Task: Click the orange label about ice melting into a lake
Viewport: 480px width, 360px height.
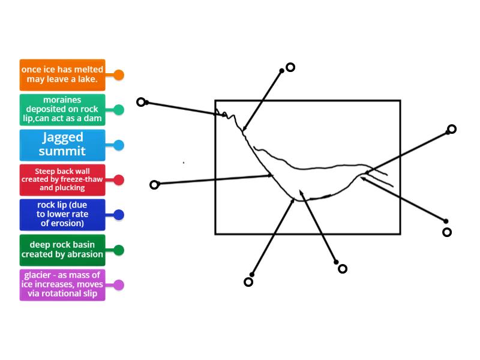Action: (62, 74)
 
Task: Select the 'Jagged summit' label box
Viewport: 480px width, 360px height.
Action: (62, 145)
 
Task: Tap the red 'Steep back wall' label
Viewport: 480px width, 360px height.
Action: (62, 179)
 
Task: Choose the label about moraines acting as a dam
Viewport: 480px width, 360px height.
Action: (62, 109)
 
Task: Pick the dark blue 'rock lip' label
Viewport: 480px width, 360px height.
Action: (62, 214)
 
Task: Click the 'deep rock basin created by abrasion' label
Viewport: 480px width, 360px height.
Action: (62, 250)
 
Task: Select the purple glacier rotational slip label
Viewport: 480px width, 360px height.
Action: (62, 284)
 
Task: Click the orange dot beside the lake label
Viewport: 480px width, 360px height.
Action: (119, 75)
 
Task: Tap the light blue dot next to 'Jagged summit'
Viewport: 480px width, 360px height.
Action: (119, 145)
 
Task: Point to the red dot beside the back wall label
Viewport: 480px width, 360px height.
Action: (119, 180)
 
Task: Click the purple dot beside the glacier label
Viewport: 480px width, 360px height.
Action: (119, 285)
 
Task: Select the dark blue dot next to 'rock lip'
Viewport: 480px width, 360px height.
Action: (119, 215)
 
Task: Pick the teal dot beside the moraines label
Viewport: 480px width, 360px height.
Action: (119, 110)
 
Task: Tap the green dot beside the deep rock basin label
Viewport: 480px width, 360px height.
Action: (119, 250)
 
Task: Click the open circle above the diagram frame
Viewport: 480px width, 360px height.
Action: (290, 67)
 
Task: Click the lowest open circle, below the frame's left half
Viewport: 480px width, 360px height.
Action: (248, 282)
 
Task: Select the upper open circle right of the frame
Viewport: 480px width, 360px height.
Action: (452, 129)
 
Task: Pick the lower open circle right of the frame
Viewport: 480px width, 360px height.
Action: (446, 232)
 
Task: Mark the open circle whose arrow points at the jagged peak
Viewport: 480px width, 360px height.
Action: (141, 102)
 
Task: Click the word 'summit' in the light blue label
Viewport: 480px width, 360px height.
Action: (62, 151)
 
